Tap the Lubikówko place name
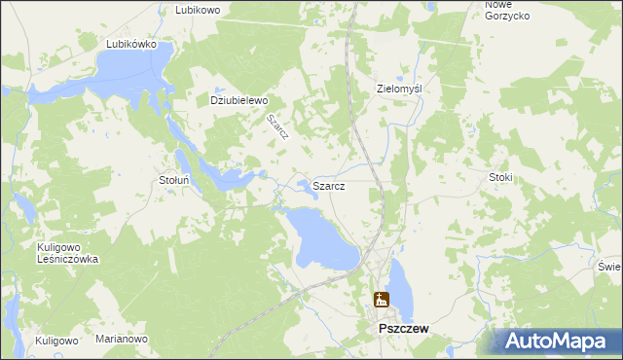coord(132,44)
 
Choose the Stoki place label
coord(500,178)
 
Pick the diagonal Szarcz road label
coord(277,128)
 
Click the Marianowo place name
coord(121,340)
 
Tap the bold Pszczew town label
coord(404,331)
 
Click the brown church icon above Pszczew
coord(381,301)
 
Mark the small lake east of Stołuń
coord(234,179)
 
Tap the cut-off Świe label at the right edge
coord(610,267)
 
